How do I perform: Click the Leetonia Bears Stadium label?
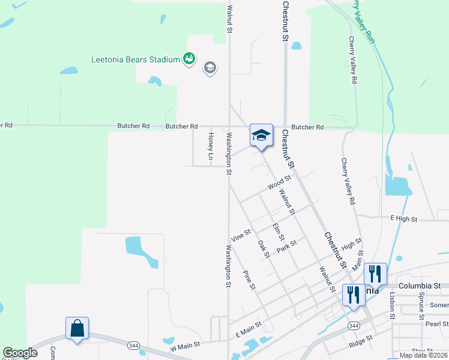click(136, 59)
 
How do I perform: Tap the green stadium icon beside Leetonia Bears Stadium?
click(189, 58)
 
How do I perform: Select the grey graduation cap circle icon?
click(209, 67)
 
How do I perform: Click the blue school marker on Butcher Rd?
click(261, 135)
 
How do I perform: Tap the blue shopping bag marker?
click(77, 329)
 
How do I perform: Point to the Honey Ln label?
click(211, 147)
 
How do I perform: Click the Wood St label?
click(279, 182)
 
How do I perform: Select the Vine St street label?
click(240, 235)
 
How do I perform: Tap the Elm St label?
click(277, 232)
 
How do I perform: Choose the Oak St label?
click(264, 250)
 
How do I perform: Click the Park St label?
click(287, 246)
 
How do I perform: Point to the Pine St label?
click(249, 280)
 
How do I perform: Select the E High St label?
click(403, 219)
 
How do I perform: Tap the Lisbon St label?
click(391, 306)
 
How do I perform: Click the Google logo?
click(20, 353)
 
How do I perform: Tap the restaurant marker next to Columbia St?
click(375, 275)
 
